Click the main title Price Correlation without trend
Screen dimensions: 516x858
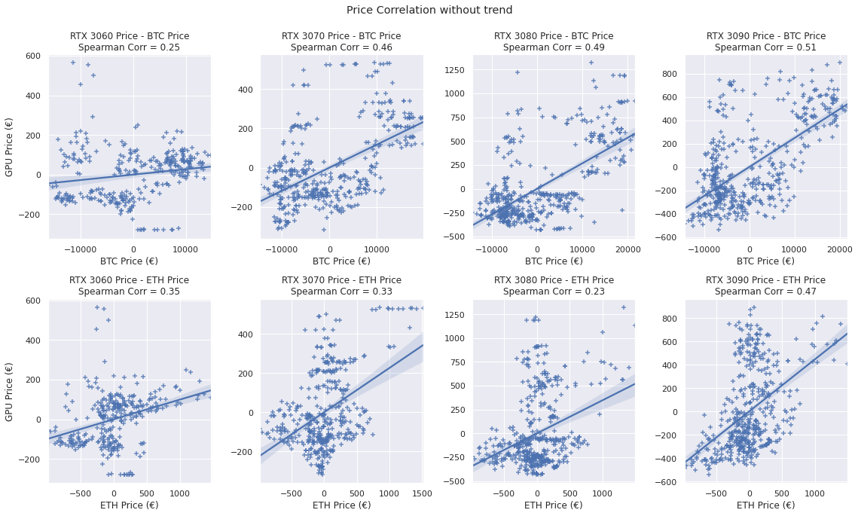[x=429, y=10]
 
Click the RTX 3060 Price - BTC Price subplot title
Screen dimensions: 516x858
[x=129, y=36]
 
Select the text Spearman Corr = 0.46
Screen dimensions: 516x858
[x=341, y=47]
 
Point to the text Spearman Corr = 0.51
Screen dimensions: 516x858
[x=766, y=47]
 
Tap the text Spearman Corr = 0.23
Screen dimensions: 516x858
[x=554, y=292]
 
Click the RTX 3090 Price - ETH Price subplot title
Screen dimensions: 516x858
[x=766, y=280]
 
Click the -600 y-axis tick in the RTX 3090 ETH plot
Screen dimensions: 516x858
[x=669, y=482]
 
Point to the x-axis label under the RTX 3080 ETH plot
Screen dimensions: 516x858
[x=554, y=505]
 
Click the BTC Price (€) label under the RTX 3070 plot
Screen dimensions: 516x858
[x=341, y=261]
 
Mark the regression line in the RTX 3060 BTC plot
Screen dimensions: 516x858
[x=129, y=175]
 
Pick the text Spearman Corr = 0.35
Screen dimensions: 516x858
[x=129, y=292]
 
